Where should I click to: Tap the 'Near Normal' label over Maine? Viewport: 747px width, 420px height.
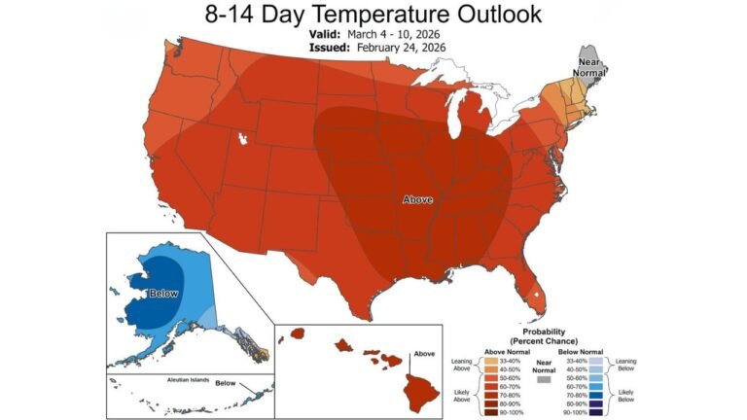coord(590,67)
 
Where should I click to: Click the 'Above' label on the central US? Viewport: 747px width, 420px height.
coord(418,199)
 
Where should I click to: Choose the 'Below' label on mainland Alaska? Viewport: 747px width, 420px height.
coord(161,292)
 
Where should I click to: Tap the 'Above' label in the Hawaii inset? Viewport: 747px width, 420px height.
coord(424,354)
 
